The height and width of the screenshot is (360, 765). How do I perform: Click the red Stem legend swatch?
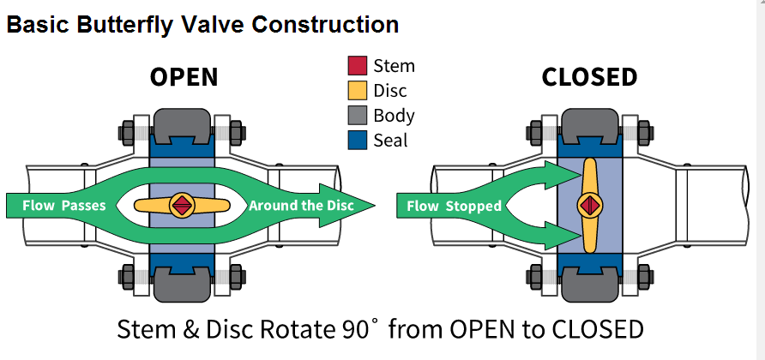coord(357,65)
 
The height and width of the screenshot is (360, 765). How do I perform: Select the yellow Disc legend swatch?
coord(357,90)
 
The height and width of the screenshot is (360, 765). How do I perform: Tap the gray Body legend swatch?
coord(357,115)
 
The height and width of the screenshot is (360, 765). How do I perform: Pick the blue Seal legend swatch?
coord(357,140)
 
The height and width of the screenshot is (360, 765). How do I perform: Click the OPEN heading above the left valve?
coord(184,78)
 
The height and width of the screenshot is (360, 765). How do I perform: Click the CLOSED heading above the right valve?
coord(589,78)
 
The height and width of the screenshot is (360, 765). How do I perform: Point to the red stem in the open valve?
coord(181,205)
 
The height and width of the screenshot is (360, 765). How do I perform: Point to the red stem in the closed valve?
coord(589,205)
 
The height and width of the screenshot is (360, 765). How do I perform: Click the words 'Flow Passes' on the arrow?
coord(63,206)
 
